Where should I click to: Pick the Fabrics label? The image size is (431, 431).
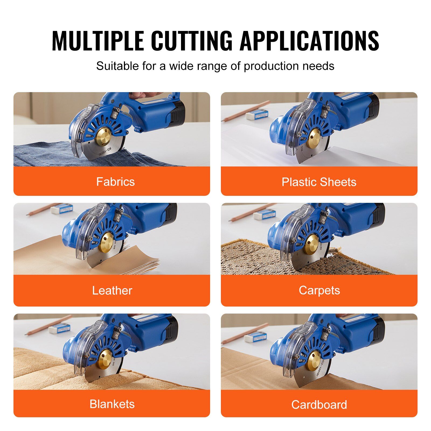point(116,182)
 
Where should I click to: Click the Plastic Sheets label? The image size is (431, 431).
point(319,182)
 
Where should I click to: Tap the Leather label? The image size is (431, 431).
point(112,291)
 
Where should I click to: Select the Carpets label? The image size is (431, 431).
point(319,291)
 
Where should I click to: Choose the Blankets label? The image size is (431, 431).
point(112,404)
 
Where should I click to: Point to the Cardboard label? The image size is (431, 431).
point(319,405)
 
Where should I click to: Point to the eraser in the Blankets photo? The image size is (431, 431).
point(60,328)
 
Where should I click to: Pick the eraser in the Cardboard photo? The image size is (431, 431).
point(255,337)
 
